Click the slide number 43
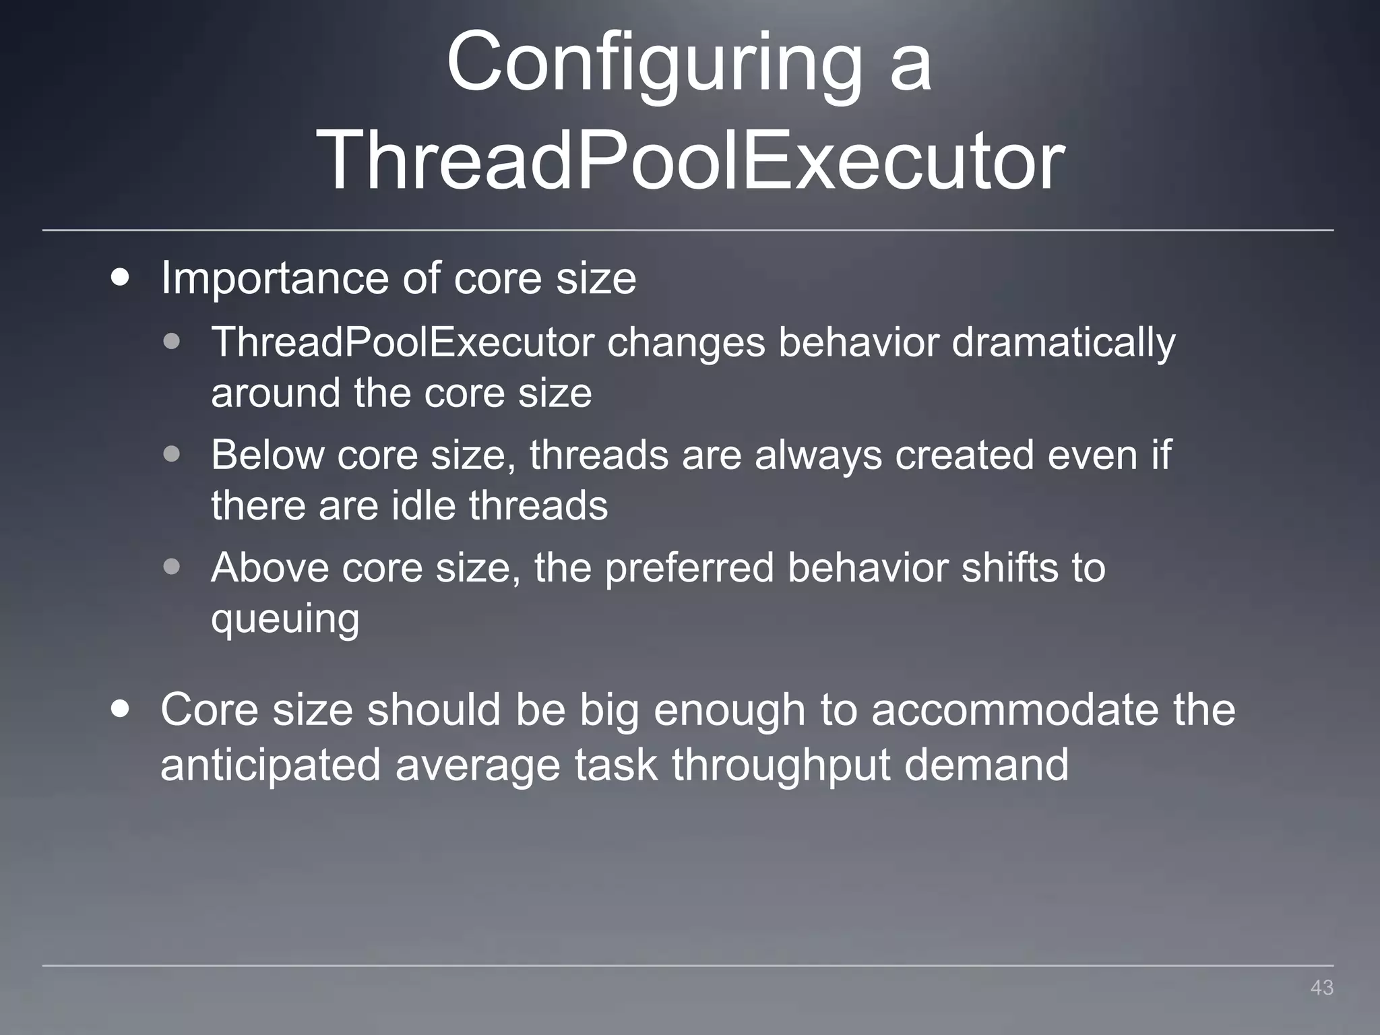(x=1321, y=988)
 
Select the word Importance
(x=274, y=278)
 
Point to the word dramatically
(x=1063, y=343)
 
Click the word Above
(x=270, y=567)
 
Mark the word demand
(x=986, y=765)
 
